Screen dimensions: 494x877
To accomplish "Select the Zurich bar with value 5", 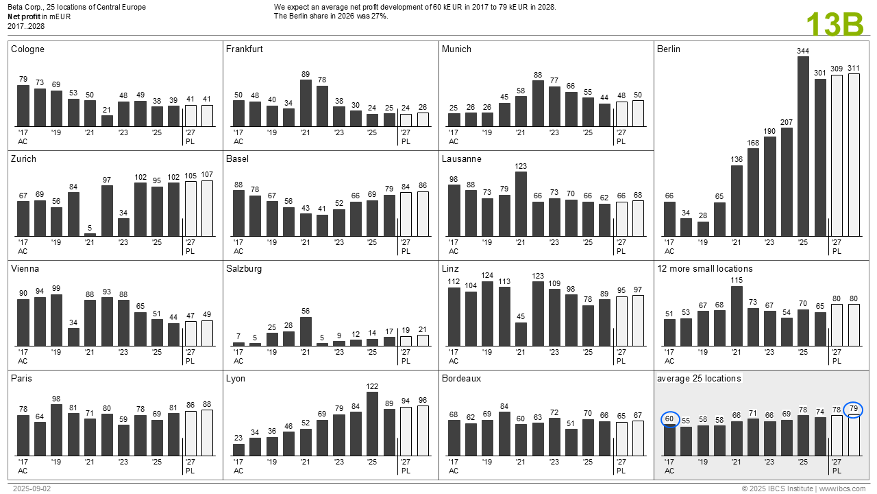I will pos(90,235).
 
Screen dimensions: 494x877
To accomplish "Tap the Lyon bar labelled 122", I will pos(373,423).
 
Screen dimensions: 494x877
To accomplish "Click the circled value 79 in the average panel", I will pos(853,410).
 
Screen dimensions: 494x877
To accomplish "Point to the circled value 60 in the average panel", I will pos(669,419).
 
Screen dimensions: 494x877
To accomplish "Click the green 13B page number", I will pos(835,25).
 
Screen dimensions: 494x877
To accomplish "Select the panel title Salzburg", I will pos(244,269).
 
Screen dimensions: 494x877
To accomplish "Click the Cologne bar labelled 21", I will pos(107,121).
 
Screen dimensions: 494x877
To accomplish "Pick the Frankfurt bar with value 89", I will pos(306,103).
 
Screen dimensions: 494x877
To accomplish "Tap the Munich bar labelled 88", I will pos(538,104).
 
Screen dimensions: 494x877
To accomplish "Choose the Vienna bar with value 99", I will pos(56,320).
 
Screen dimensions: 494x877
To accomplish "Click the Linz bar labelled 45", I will pos(521,334).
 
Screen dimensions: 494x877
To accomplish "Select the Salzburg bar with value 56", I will pos(306,331).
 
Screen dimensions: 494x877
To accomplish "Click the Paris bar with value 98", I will pos(56,430).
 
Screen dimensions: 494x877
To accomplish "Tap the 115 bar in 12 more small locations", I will pos(737,316).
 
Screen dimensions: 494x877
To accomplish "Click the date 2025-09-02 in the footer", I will pos(27,489).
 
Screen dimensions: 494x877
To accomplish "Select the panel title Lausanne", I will pos(461,159).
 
